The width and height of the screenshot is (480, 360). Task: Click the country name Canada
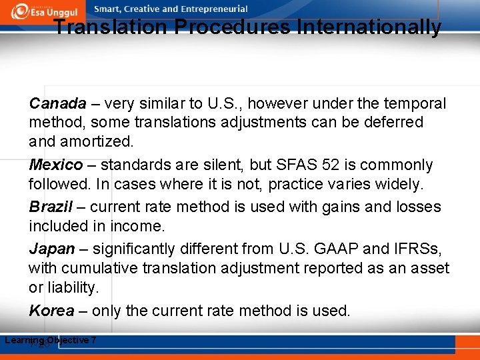[58, 104]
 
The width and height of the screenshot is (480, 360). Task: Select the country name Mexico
[56, 165]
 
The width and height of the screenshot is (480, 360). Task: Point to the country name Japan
[52, 249]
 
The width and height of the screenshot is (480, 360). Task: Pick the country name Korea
[51, 311]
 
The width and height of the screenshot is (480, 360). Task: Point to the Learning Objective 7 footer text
[51, 341]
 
